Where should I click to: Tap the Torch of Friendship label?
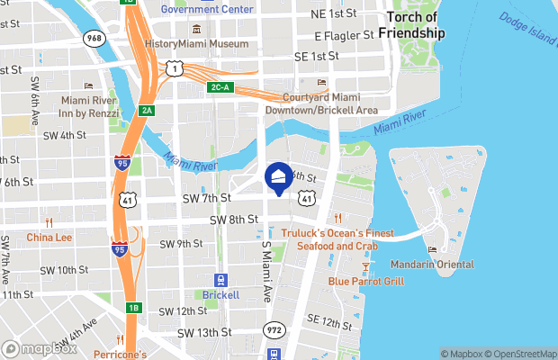point(411,25)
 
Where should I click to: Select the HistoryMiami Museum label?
point(196,43)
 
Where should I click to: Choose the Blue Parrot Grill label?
point(366,281)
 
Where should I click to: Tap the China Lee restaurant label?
point(49,238)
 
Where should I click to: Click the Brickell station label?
point(220,294)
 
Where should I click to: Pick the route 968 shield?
point(93,39)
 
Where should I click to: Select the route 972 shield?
point(275,330)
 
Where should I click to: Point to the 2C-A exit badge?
point(220,87)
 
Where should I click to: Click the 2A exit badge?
point(148,110)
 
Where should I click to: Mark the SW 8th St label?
point(234,220)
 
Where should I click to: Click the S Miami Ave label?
point(266,269)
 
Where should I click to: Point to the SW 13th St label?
point(204,332)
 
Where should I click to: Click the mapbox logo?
point(40,348)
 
